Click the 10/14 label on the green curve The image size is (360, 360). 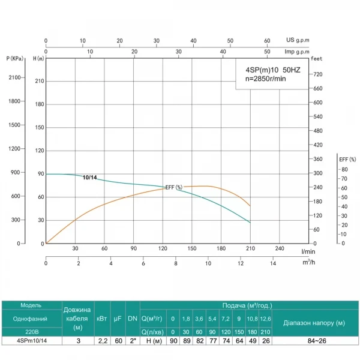(x=89, y=178)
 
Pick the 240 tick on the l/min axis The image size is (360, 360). (x=279, y=248)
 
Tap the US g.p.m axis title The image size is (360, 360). (x=298, y=41)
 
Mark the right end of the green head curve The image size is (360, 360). (x=250, y=223)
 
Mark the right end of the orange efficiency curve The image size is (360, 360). (x=250, y=206)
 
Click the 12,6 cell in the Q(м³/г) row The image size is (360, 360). (x=265, y=318)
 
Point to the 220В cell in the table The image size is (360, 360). (x=31, y=331)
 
